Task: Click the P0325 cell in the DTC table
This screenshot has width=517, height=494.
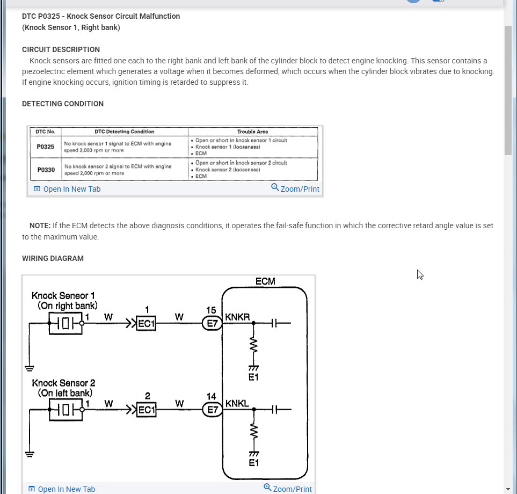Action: pos(46,147)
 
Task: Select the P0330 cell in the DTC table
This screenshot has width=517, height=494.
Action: pos(46,170)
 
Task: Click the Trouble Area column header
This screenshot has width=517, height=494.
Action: pos(252,132)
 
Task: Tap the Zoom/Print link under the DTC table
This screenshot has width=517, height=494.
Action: pos(295,188)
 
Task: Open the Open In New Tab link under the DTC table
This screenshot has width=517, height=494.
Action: pos(67,189)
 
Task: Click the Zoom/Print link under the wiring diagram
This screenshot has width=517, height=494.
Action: pos(288,489)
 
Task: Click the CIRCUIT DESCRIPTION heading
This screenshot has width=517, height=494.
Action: pos(61,49)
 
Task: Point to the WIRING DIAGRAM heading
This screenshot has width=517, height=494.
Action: pos(53,258)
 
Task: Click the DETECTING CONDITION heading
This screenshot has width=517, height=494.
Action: pos(63,104)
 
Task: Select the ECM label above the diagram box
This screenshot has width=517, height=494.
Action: pos(265,281)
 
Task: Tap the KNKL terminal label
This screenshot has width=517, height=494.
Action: pos(237,403)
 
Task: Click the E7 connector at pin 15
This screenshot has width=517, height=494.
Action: pos(212,324)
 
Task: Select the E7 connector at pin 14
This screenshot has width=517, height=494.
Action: pos(212,410)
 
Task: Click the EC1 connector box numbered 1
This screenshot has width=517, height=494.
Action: pos(147,324)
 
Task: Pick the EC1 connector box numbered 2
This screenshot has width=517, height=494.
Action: pos(147,410)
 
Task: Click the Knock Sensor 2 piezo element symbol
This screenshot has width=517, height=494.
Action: pos(65,410)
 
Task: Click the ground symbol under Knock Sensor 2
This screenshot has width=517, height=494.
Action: pos(30,454)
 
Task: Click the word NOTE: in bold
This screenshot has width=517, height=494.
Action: pos(40,226)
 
